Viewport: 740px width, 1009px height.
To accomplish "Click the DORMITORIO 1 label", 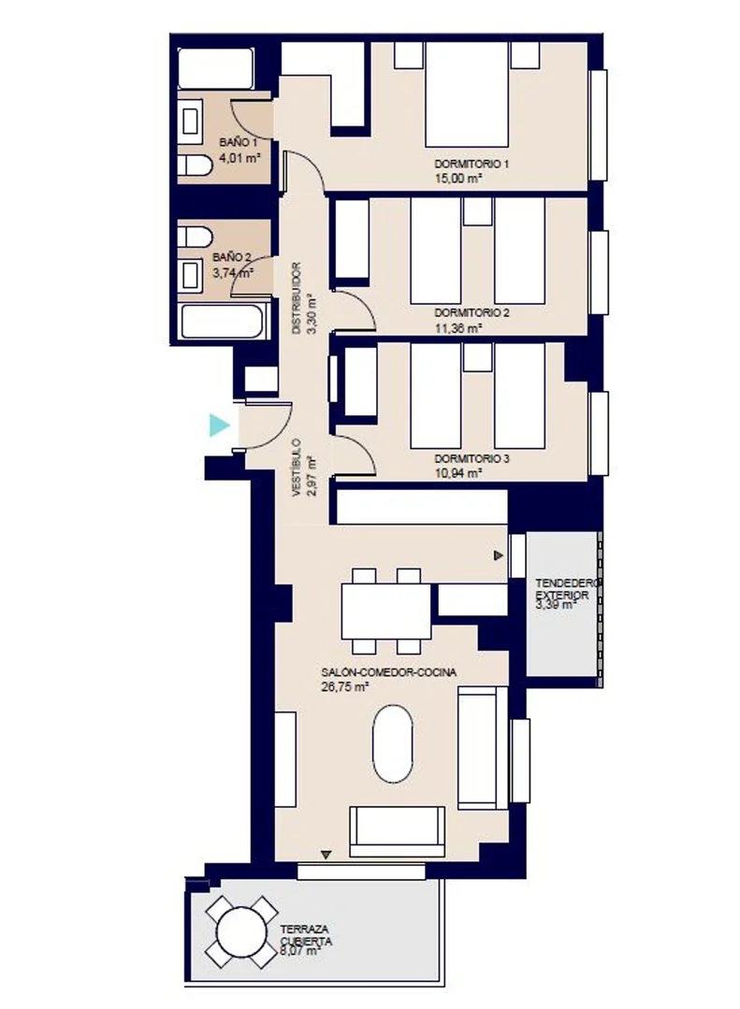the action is [472, 164].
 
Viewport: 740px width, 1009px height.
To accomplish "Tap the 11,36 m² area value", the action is [458, 328].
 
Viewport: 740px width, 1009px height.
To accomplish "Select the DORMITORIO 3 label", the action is [472, 459].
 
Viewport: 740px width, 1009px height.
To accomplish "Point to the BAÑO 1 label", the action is [239, 142].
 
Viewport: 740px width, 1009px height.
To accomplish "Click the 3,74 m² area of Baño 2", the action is [233, 272].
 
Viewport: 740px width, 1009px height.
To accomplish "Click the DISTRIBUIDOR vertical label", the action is [297, 297].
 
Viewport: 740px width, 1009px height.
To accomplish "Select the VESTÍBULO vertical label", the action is [297, 468].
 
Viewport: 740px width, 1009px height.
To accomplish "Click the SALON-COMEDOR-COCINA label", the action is [389, 672].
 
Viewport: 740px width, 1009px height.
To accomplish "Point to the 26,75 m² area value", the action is [344, 686].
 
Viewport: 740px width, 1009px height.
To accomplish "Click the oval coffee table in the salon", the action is [392, 744].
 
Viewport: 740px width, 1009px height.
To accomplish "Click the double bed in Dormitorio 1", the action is [467, 94].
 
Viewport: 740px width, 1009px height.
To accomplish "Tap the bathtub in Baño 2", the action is [223, 321].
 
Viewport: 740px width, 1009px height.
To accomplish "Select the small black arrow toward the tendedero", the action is [499, 555].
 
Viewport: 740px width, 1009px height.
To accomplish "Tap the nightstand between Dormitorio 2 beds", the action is [477, 211].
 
